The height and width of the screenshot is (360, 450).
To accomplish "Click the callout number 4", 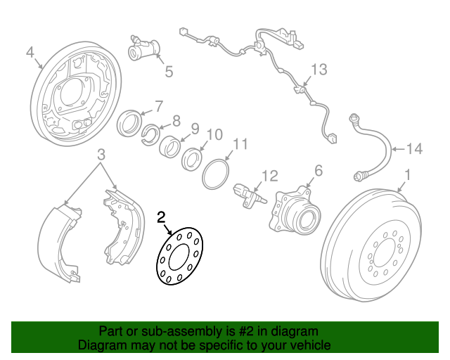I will click(30, 53).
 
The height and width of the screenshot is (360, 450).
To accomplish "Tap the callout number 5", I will click(169, 71).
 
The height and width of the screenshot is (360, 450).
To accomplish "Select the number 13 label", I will click(319, 69).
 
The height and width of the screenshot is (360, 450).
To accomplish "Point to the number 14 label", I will click(415, 148).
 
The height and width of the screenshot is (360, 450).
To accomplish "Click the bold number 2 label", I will click(161, 217).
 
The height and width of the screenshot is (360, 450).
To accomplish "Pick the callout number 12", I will click(270, 175).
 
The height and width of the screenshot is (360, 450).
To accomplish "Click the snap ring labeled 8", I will click(150, 134).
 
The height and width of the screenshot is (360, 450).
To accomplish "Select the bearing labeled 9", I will click(171, 147).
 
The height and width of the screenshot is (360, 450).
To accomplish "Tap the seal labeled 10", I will click(191, 160).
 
